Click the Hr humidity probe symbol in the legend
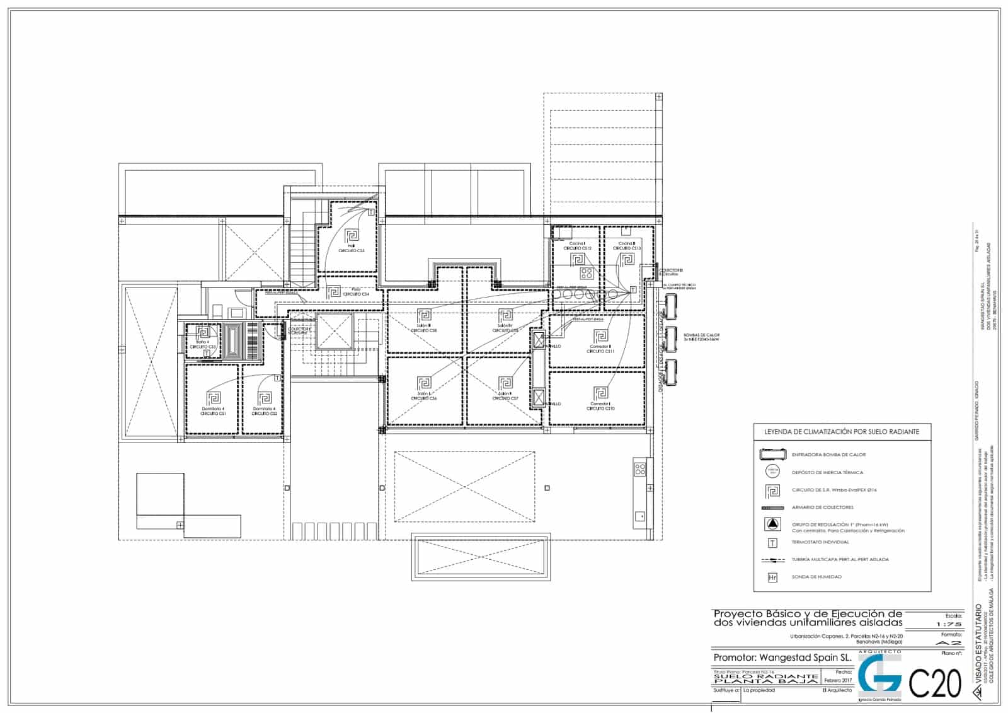click(772, 577)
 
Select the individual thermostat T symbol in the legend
click(772, 542)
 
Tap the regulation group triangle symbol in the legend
click(772, 524)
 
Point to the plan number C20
click(936, 683)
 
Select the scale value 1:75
click(949, 624)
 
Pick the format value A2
click(949, 642)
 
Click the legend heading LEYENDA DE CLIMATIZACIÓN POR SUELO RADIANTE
click(842, 432)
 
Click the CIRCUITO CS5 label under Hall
click(352, 251)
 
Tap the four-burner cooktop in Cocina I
click(587, 273)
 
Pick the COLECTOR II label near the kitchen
click(670, 270)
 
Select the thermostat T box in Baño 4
click(207, 353)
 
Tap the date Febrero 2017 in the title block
click(838, 680)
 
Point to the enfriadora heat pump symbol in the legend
click(772, 454)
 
